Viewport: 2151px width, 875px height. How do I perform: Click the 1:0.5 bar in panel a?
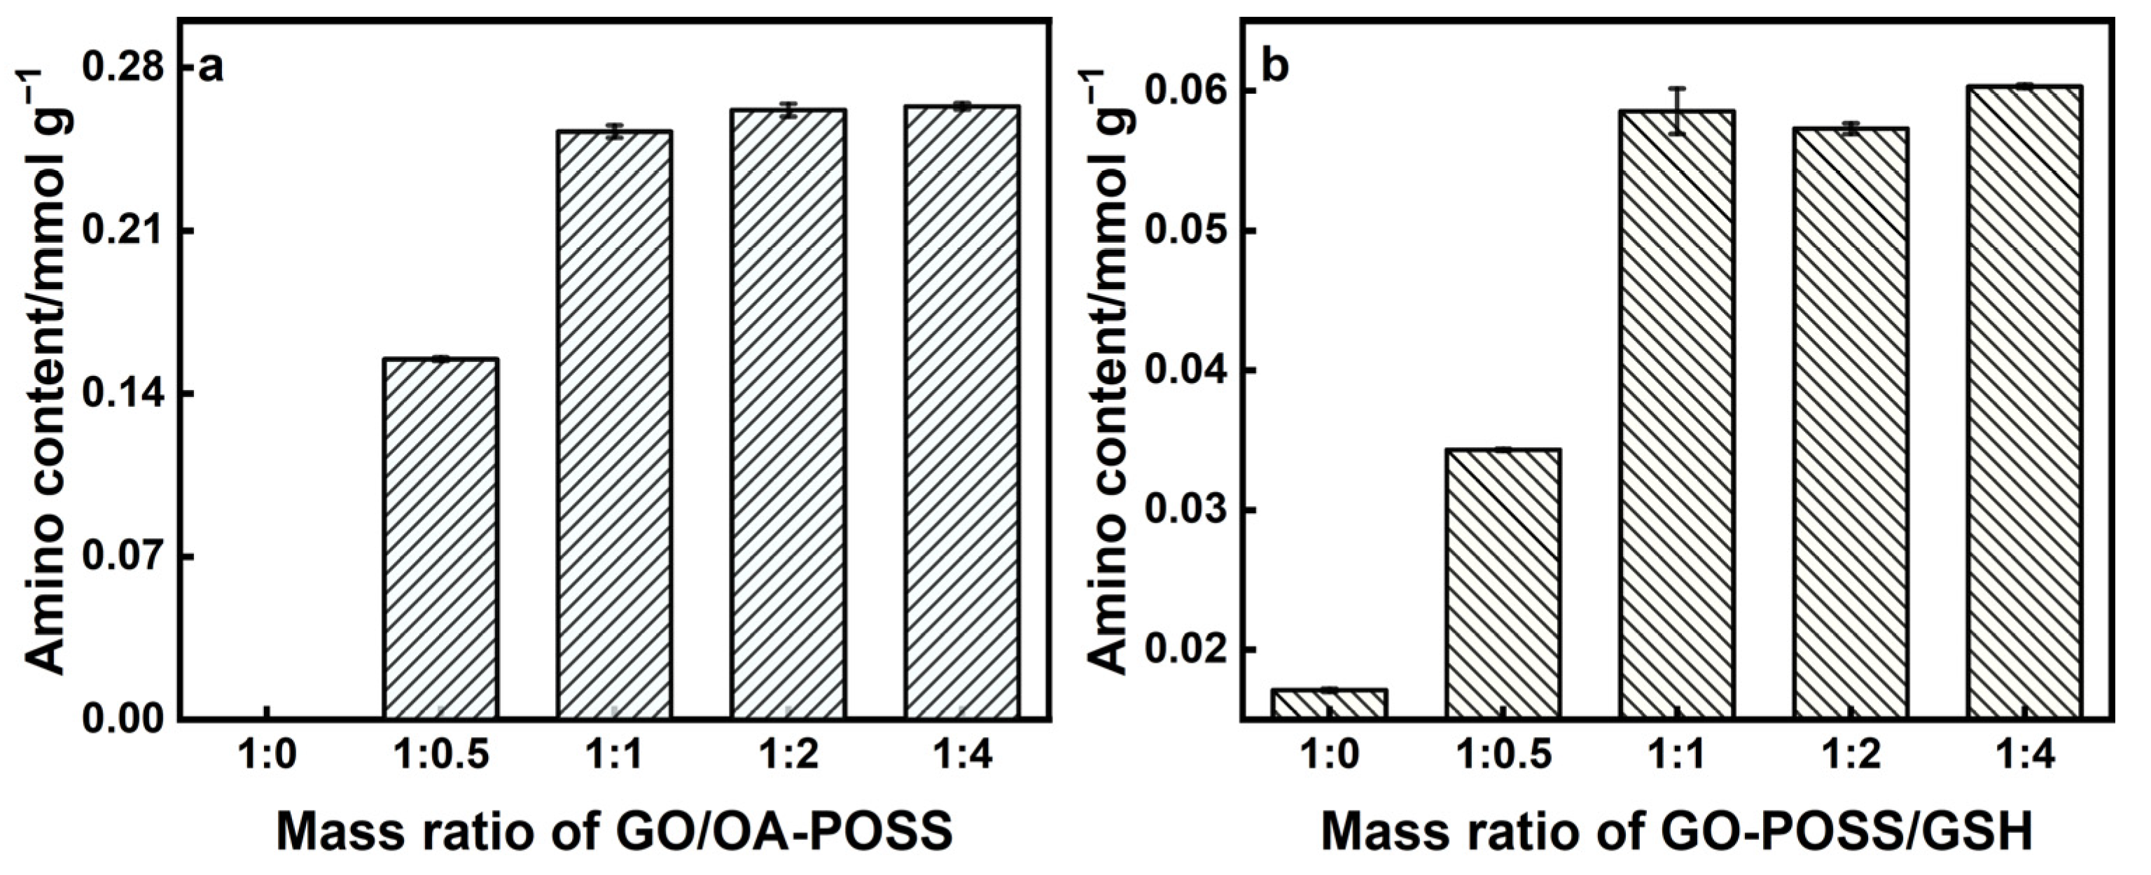441,538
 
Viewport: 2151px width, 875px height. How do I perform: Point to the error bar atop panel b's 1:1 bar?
1677,111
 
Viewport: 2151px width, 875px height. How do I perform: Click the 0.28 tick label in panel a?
123,69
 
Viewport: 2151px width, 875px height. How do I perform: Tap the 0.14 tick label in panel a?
123,394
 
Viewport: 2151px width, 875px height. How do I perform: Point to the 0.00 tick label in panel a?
123,720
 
